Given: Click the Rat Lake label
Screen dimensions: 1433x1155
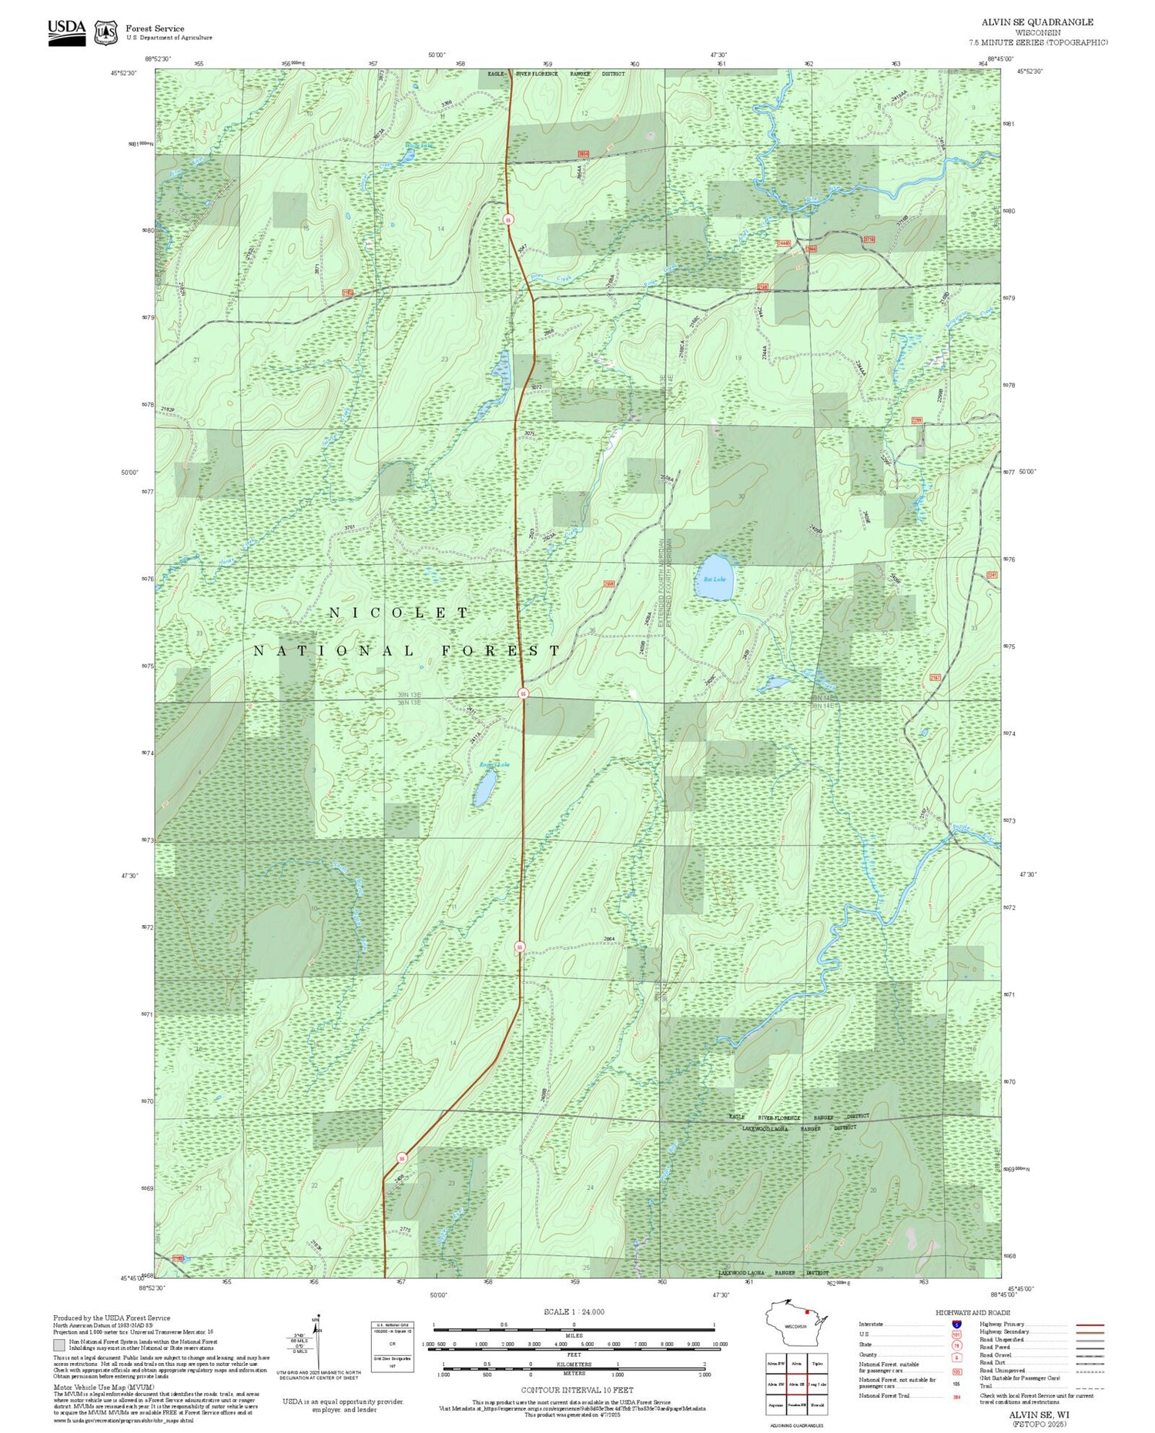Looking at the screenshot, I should (x=714, y=579).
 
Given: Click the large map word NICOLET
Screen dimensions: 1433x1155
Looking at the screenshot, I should (x=399, y=613).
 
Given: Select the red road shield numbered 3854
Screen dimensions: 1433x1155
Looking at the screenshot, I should (x=584, y=154).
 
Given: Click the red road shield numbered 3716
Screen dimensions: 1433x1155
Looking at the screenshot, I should (x=869, y=239).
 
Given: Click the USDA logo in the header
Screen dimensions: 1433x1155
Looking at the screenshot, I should (x=67, y=32).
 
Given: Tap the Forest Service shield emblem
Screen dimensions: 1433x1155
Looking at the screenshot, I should (x=105, y=33).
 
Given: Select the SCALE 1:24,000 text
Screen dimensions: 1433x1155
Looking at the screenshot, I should (x=574, y=1311).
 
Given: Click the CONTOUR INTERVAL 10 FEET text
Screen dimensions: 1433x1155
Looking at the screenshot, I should (x=577, y=1390).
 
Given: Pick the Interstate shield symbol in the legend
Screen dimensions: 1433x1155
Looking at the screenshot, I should (x=956, y=1324).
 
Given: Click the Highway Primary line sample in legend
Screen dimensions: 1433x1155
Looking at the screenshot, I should (x=1086, y=1324).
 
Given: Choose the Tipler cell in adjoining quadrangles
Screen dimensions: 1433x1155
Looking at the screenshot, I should (x=817, y=1363).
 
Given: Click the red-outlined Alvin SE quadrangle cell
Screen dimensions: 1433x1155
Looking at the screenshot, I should (x=796, y=1384).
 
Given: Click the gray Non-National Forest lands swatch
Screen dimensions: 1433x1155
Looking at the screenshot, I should (x=59, y=1345).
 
